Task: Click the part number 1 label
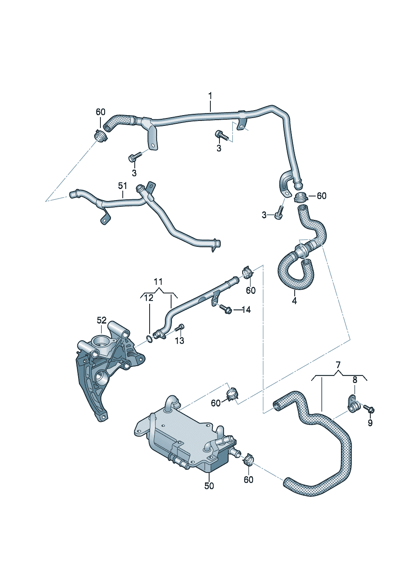point(210,96)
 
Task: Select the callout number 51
point(122,186)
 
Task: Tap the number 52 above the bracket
point(102,320)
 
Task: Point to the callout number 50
point(209,486)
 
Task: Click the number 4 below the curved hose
point(294,301)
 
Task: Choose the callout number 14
point(246,310)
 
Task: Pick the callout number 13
point(179,341)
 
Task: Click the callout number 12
point(149,298)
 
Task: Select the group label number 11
point(158,282)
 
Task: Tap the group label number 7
point(338,364)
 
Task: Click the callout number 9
point(370,423)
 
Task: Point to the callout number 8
point(355,380)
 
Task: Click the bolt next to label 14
point(225,309)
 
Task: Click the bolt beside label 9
point(369,409)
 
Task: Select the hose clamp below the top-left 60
point(100,135)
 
